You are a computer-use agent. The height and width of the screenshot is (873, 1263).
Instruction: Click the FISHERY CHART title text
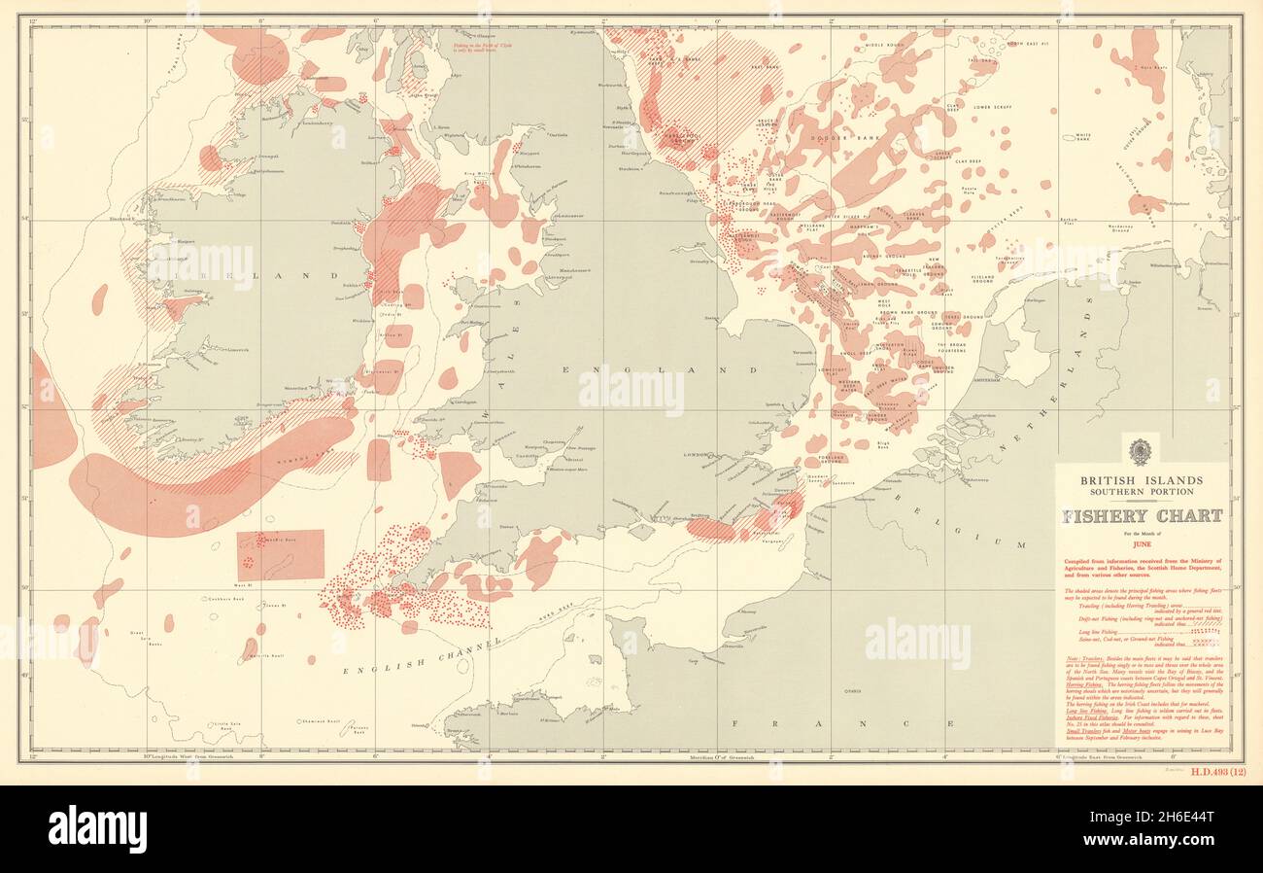[1142, 516]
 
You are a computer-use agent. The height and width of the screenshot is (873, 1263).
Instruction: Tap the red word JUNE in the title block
[1142, 544]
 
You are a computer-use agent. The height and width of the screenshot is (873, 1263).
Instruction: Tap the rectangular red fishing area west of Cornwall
[281, 555]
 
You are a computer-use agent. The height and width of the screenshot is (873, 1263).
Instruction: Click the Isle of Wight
[640, 532]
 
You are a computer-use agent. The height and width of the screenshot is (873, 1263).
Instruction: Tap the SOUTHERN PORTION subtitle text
[1142, 491]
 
